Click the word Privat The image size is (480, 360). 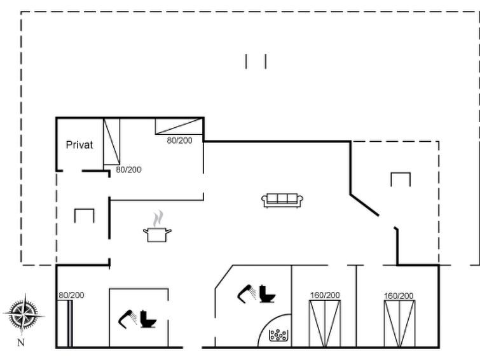(79, 145)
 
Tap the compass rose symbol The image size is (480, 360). (24, 314)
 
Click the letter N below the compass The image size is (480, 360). (21, 343)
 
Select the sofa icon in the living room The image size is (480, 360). (282, 201)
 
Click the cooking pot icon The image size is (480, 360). (157, 235)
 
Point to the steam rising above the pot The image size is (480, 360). (158, 218)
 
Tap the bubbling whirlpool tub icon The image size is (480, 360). (278, 335)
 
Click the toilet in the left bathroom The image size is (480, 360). (148, 319)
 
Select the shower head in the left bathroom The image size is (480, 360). (127, 319)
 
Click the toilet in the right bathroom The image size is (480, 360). (267, 294)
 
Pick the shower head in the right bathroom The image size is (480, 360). (247, 294)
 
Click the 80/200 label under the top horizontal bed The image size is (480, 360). (179, 141)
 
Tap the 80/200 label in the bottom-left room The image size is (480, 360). (71, 295)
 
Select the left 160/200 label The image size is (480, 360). (325, 295)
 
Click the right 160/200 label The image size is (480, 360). (399, 296)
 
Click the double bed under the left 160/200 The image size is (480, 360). (325, 324)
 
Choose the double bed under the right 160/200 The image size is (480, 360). (399, 324)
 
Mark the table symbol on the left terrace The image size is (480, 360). (84, 216)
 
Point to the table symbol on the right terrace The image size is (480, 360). (401, 179)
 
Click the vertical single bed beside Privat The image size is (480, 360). (111, 142)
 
